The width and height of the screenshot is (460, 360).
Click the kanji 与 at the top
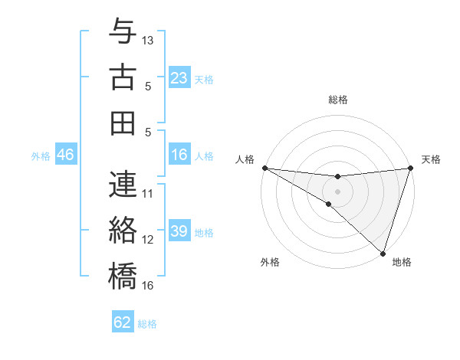pos(123,33)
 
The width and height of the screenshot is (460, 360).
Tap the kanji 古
pos(123,77)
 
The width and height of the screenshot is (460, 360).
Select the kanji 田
pos(123,122)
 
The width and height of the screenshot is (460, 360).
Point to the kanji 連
pos(123,185)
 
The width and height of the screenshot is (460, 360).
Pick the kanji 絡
pos(123,229)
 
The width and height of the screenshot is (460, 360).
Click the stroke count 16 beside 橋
pos(148,286)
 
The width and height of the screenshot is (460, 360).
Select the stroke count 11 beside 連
pos(148,194)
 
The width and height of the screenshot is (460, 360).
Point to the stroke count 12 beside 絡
pos(148,240)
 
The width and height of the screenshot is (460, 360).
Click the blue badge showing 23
pos(179,77)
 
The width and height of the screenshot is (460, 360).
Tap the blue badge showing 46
pos(66,155)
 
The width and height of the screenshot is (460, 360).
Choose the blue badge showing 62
pos(123,322)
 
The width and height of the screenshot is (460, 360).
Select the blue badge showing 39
pos(179,231)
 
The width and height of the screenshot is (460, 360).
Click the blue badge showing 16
pos(179,155)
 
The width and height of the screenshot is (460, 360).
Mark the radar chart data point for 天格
pos(410,168)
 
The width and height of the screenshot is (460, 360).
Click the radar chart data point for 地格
pos(383,253)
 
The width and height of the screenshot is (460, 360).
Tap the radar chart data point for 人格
pos(264,168)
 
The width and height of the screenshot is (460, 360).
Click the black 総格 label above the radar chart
pos(337,100)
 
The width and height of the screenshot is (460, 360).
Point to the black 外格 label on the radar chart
pos(270,262)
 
